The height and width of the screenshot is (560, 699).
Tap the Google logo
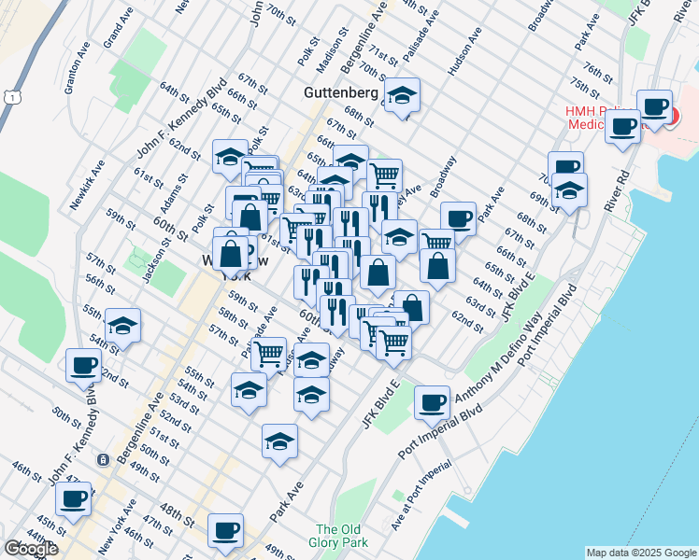[x=31, y=549]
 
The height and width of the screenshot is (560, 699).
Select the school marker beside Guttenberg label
[x=402, y=96]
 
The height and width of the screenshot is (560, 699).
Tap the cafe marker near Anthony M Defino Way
[x=432, y=402]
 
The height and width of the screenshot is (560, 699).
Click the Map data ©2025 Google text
[x=640, y=553]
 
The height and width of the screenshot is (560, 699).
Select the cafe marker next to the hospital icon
[x=654, y=105]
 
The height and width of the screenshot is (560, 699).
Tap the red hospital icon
[x=672, y=117]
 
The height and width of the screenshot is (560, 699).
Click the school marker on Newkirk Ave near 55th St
[x=122, y=326]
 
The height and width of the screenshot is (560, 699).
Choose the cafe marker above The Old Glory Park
[x=225, y=530]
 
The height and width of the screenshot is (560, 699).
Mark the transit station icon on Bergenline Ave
[x=101, y=460]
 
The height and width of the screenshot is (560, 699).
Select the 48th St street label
[x=176, y=512]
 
